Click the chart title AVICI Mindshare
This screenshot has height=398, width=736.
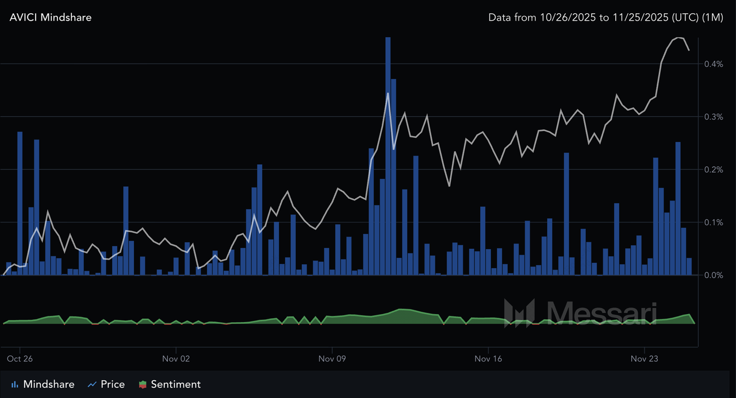coord(51,17)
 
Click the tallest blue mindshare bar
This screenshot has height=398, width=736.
coord(388,155)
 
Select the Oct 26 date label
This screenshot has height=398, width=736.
coord(20,359)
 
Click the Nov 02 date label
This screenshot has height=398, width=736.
coord(177,359)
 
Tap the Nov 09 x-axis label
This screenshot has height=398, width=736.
coord(332,359)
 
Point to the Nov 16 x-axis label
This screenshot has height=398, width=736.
coord(488,359)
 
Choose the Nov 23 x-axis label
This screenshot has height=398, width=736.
coord(645,359)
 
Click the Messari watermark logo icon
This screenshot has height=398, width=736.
coord(519,313)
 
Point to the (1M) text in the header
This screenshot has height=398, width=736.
coord(712,17)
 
